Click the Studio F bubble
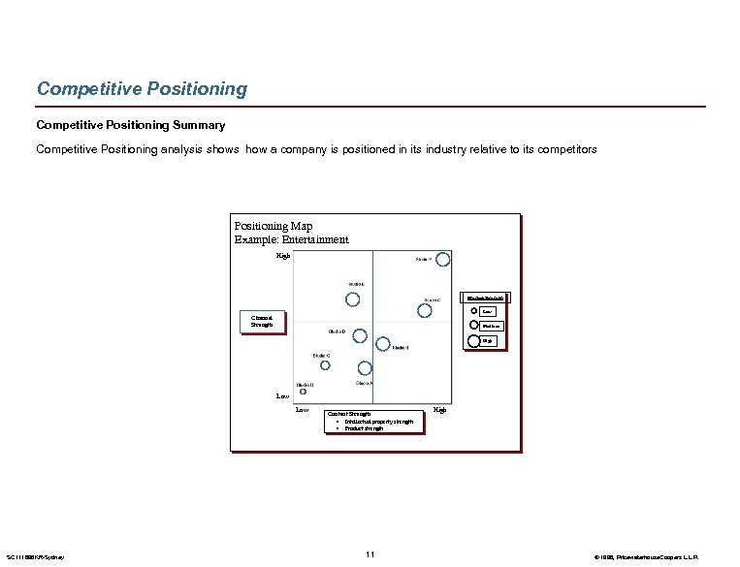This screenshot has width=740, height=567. (x=443, y=259)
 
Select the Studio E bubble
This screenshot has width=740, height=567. (x=354, y=299)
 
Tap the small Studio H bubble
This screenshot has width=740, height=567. (x=303, y=392)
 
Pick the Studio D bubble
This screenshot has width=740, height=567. (x=360, y=335)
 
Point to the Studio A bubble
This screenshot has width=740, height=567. (x=365, y=368)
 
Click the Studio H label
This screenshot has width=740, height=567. (x=305, y=385)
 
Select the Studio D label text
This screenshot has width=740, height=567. (x=337, y=331)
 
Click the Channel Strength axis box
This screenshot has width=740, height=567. (x=263, y=321)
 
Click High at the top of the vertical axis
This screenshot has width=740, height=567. (x=283, y=255)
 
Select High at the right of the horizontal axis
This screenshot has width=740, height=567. (x=440, y=410)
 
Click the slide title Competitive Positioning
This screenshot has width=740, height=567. (x=142, y=89)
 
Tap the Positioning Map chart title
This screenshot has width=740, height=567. (x=273, y=226)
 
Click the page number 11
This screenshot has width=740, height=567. (x=370, y=553)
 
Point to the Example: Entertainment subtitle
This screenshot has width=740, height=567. (x=291, y=239)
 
